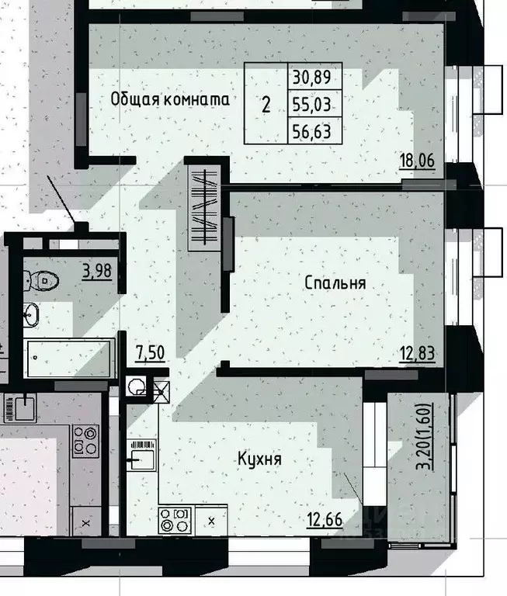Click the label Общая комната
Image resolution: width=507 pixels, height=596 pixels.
pos(170,99)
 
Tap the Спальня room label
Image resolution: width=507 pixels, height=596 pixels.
pos(335,284)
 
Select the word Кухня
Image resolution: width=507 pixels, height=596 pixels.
pos(259,459)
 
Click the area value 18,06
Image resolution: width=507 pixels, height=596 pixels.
pos(416,161)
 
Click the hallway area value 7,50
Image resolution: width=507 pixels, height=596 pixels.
pos(149,353)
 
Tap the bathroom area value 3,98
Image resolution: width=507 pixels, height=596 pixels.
pos(98,271)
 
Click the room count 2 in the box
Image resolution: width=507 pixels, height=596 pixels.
pos(266,105)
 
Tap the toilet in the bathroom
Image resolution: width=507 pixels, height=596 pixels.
pos(39,279)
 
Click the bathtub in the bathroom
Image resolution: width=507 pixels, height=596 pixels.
pos(70,359)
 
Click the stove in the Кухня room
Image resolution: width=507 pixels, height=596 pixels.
pos(175,519)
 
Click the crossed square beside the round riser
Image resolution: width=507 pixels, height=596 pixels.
pos(161,392)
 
